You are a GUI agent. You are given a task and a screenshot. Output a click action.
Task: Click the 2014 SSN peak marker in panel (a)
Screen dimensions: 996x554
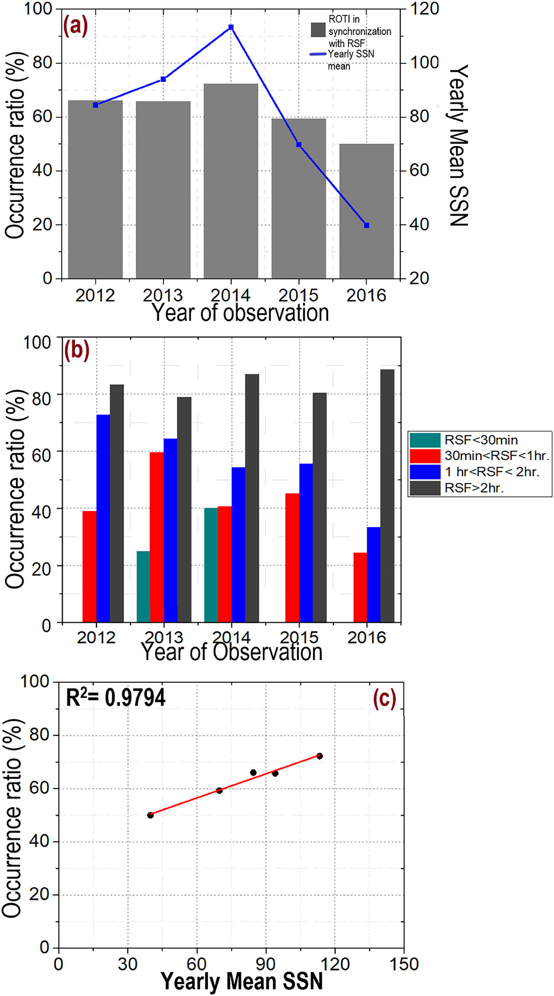[231, 28]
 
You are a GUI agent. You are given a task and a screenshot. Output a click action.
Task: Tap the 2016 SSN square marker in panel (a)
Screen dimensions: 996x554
[367, 225]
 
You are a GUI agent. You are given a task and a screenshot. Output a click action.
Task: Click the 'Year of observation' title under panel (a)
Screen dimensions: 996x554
[240, 313]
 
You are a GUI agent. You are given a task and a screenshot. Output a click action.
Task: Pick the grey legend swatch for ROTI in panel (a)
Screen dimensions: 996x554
[318, 30]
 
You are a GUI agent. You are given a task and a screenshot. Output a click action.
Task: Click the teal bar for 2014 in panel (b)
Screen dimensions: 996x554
[211, 565]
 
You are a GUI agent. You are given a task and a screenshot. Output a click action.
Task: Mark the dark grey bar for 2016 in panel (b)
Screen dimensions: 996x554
[387, 496]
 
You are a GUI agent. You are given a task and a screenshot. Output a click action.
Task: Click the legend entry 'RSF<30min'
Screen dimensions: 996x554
[481, 440]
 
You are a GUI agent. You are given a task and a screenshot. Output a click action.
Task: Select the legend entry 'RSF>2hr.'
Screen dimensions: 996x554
[474, 488]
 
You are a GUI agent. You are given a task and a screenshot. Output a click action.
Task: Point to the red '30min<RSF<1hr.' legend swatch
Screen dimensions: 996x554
[425, 456]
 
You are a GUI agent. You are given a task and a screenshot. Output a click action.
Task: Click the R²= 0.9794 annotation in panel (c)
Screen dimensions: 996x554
[115, 697]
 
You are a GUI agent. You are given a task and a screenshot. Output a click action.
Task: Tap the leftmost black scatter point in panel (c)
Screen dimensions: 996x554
[150, 815]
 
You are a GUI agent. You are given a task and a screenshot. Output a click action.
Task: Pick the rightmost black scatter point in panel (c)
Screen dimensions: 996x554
[319, 756]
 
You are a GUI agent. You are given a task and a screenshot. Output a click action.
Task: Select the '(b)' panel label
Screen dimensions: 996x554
[76, 350]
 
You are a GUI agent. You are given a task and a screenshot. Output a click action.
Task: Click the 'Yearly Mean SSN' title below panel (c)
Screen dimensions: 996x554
[242, 981]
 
